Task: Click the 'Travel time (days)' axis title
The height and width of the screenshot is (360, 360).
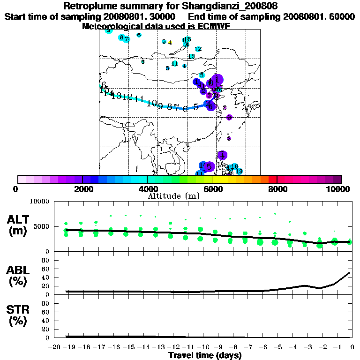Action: coord(205,356)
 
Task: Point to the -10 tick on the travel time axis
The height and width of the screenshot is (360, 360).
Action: coord(202,347)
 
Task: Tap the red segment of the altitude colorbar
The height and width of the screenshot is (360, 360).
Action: coord(273,179)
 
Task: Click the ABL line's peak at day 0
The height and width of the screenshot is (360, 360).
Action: coord(349,273)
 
